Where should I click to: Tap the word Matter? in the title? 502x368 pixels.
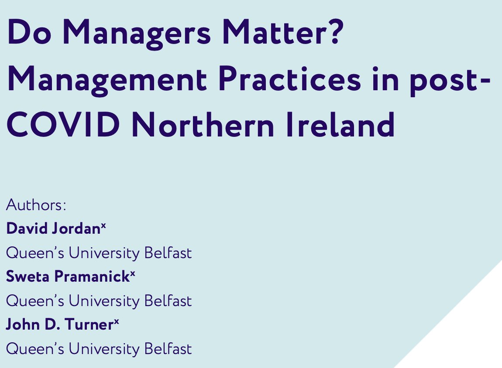287,34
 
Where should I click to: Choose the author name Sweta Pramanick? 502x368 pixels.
67,277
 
